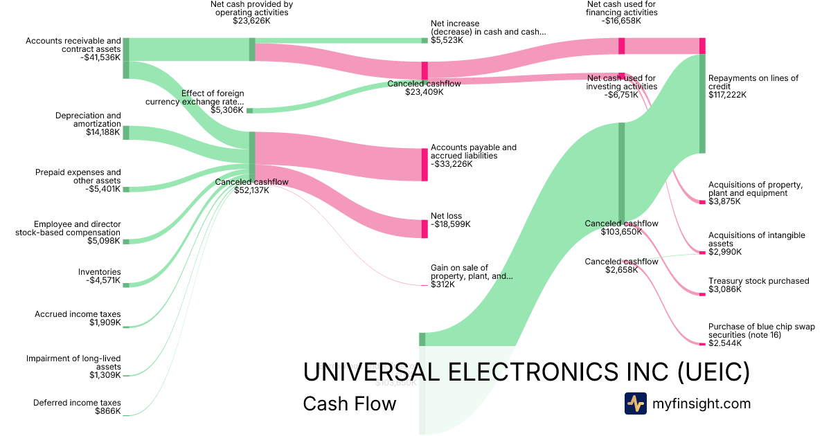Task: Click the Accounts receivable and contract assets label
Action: pos(73,45)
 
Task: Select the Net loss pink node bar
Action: pos(425,229)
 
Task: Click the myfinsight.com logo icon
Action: pos(635,403)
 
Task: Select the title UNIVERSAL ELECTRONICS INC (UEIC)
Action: pos(526,373)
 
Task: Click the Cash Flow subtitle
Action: pos(349,403)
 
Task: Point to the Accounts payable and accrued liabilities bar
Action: pos(425,165)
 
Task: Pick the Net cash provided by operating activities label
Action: pos(251,8)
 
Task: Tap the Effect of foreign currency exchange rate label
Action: pos(195,98)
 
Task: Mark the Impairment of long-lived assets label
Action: pos(73,363)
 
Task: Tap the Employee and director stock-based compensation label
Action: pos(68,228)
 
